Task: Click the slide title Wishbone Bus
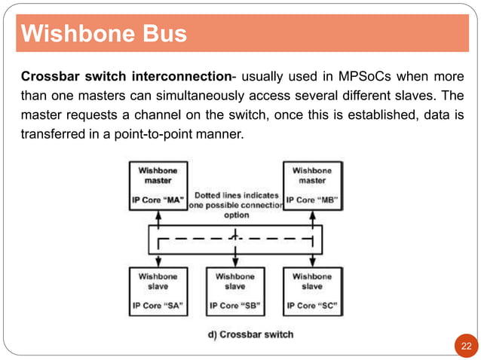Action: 103,35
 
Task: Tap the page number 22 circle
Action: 464,345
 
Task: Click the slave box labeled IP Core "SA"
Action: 158,291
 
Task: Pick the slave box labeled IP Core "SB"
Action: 235,291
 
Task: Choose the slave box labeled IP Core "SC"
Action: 313,291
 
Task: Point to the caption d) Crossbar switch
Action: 251,334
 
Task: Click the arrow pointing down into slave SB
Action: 235,261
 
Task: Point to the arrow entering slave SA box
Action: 158,261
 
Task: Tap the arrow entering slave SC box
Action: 313,261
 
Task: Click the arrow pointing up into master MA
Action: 158,219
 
